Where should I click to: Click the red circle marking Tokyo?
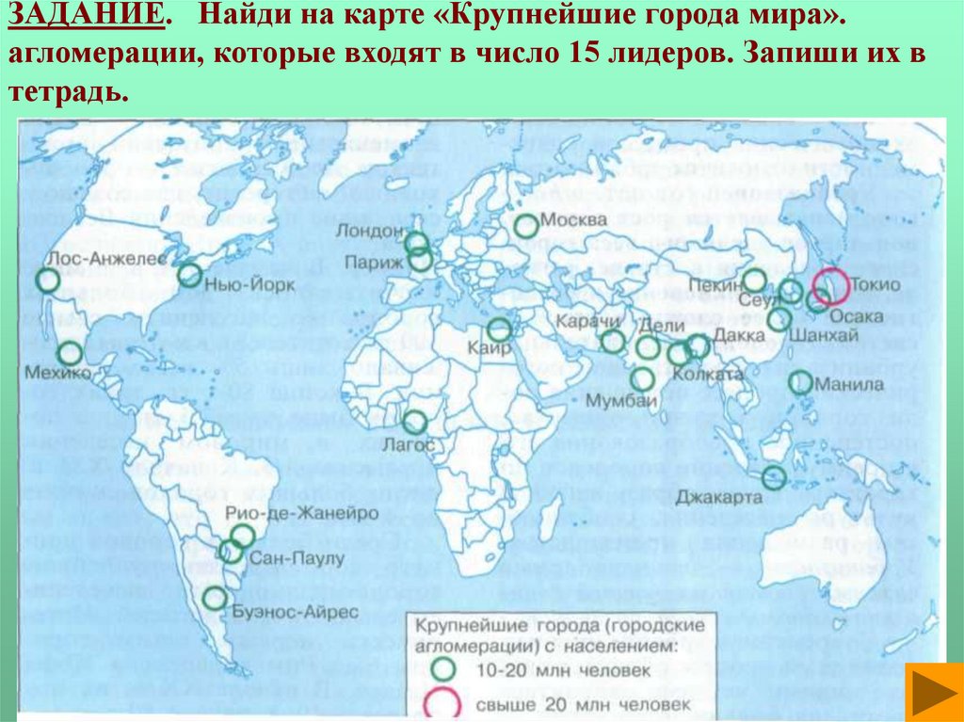830,284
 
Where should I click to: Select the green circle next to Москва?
527,225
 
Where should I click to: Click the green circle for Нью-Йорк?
190,275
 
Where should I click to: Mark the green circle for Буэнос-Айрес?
216,598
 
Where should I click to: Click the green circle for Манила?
800,382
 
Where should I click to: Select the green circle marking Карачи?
613,341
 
